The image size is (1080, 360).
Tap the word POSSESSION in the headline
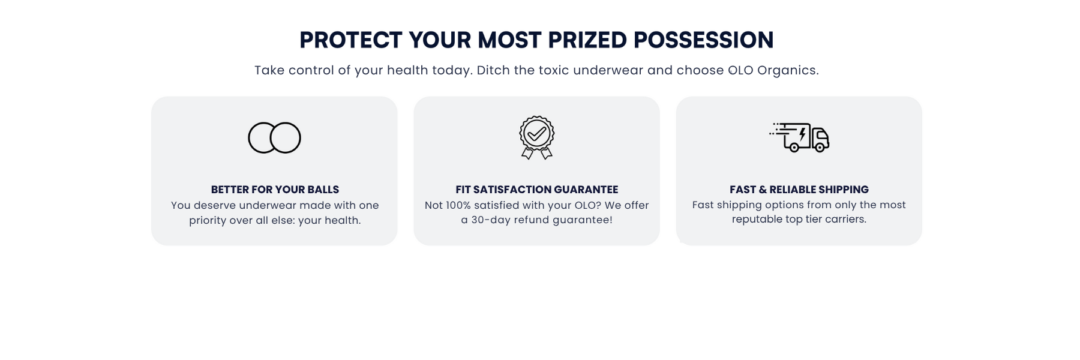point(704,40)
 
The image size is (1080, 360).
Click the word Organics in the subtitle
point(788,70)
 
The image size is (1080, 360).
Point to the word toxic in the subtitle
point(554,70)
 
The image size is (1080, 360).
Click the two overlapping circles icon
point(274,137)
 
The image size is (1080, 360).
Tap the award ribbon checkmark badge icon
point(537,137)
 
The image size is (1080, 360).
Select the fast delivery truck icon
point(799,137)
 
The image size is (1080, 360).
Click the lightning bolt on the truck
point(802,134)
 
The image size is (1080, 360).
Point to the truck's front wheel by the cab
point(820,147)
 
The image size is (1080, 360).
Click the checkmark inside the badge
point(537,133)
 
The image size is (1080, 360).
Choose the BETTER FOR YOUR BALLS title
point(275,190)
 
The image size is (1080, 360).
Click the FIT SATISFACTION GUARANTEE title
point(537,190)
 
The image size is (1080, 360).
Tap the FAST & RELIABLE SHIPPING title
point(799,190)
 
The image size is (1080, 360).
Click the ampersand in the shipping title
point(763,190)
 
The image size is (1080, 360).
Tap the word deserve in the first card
point(215,205)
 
